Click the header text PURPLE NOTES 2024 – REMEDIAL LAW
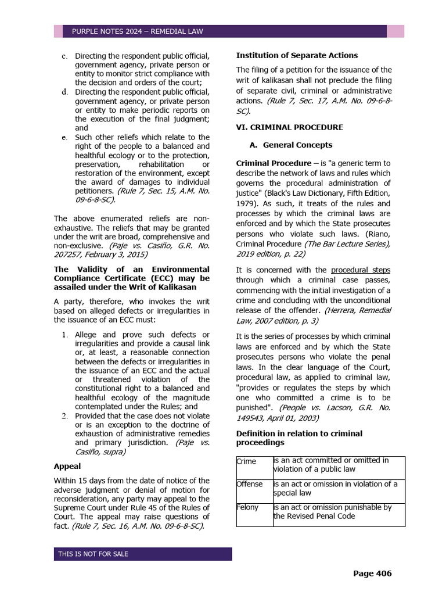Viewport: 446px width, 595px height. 137,31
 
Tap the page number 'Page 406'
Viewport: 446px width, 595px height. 372,574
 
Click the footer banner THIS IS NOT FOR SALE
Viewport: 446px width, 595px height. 93,554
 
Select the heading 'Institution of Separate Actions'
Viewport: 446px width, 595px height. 297,55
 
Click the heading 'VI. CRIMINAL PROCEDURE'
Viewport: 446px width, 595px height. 289,127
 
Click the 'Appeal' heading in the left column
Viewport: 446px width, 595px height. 67,466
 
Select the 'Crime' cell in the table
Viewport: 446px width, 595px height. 246,461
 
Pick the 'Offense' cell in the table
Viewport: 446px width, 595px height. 250,484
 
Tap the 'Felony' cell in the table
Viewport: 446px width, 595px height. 248,507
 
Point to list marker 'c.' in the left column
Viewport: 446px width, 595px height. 64,56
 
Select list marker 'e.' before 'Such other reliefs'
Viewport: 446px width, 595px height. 64,138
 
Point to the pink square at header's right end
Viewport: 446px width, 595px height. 396,31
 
